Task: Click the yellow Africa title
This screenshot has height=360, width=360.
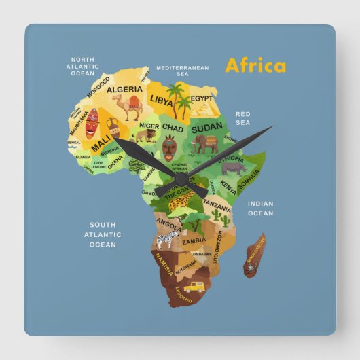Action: coord(255,66)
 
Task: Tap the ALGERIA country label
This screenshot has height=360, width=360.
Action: coord(125,90)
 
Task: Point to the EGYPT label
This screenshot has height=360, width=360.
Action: coord(201,98)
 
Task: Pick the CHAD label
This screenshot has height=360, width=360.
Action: coord(173,128)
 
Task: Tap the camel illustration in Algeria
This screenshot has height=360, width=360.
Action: coord(126,107)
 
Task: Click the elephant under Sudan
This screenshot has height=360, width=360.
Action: coord(204,143)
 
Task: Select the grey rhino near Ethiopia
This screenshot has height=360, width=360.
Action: coord(233,167)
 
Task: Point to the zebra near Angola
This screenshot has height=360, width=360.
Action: coord(167,238)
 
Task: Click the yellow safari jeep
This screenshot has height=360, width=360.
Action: coord(194,287)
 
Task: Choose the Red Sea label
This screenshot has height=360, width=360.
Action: coord(243,118)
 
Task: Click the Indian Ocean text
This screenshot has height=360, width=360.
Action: coord(260,209)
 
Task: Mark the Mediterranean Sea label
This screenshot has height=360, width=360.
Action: coord(183,71)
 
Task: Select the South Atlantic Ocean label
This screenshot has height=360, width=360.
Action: coord(103,234)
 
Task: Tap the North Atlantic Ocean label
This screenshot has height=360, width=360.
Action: coord(83,66)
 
